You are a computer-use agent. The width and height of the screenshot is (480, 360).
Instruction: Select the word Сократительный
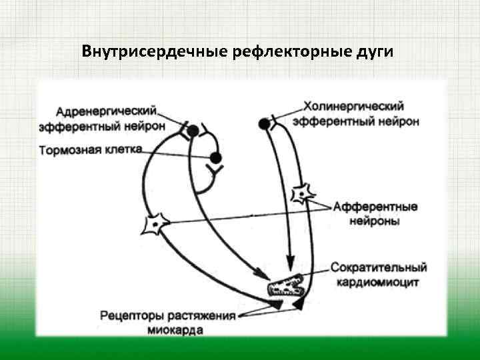tap(378, 268)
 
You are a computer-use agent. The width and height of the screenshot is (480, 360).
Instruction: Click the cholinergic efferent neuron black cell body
tap(265, 122)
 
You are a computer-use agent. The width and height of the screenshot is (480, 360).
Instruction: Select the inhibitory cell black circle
tap(215, 158)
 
